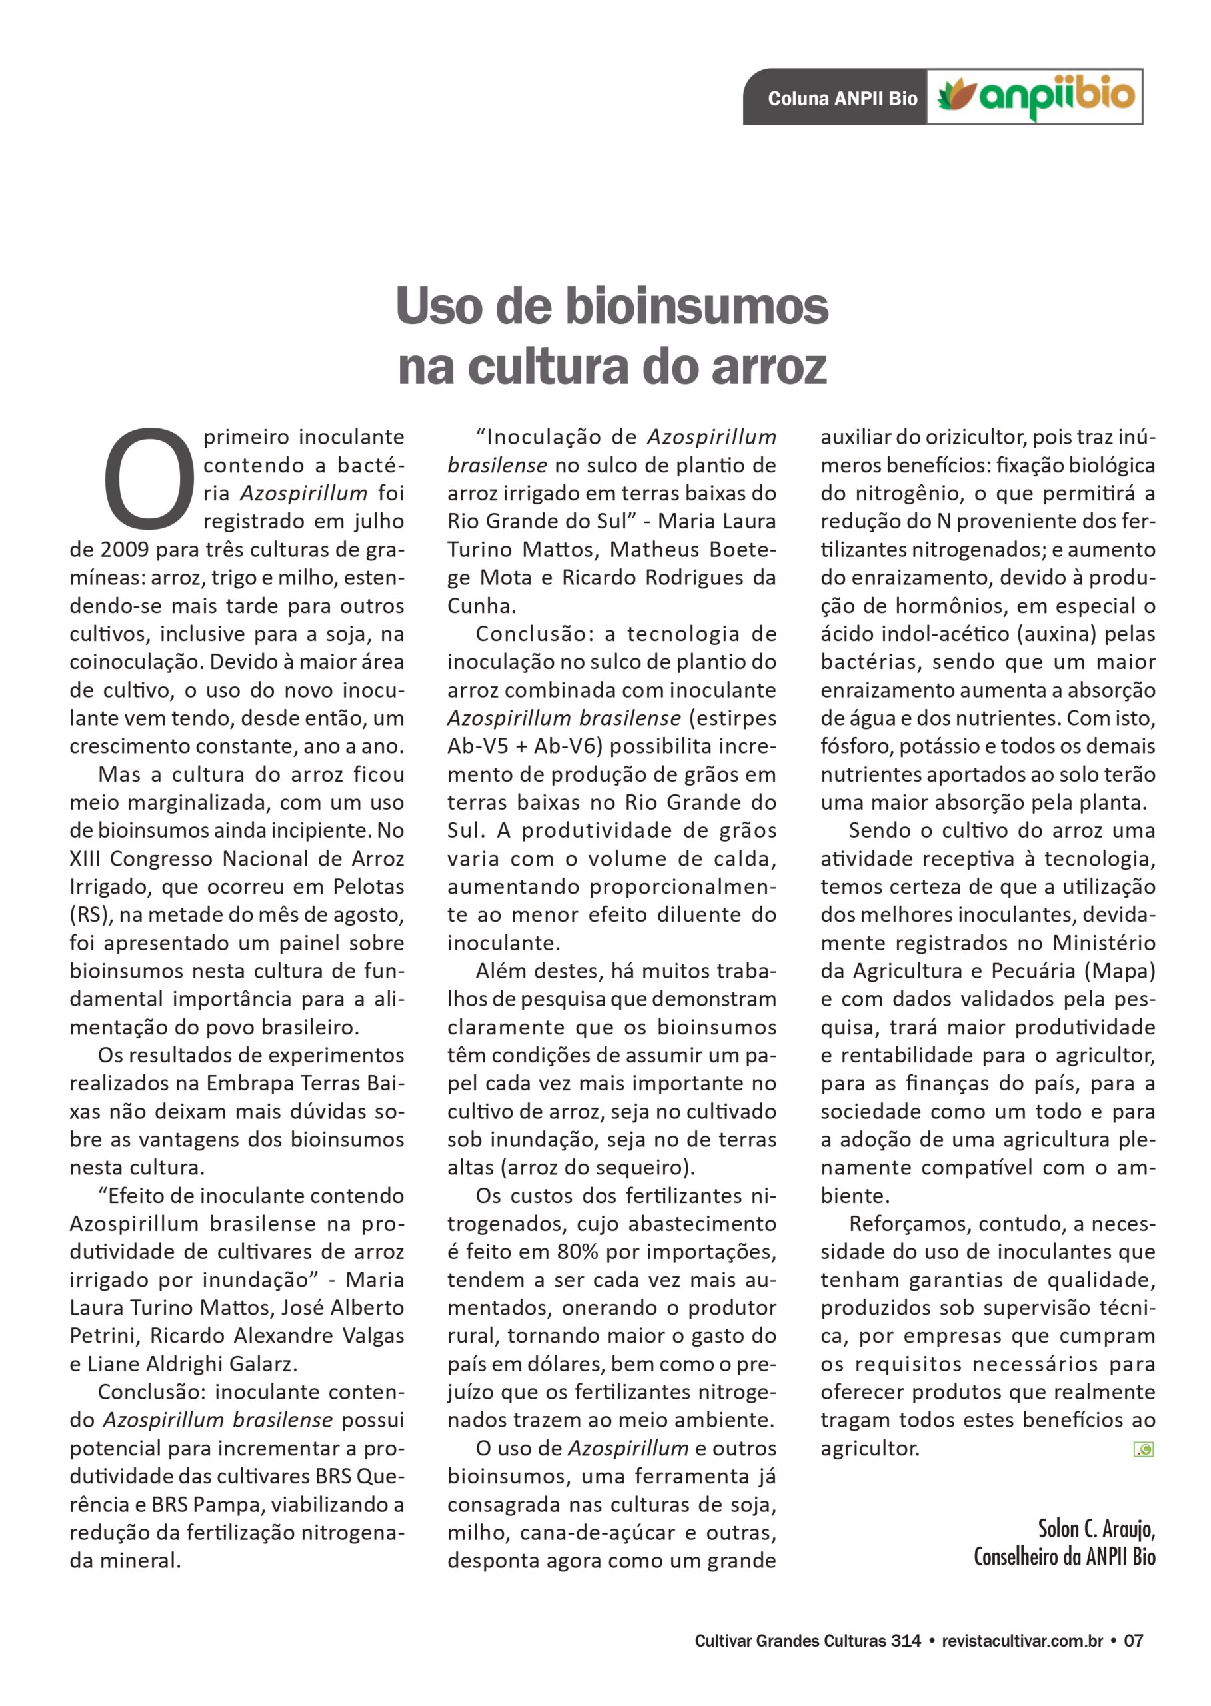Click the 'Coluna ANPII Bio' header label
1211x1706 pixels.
[842, 99]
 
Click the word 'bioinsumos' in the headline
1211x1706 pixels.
[696, 307]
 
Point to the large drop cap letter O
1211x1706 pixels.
[149, 476]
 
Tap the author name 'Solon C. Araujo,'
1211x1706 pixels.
[1096, 1529]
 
